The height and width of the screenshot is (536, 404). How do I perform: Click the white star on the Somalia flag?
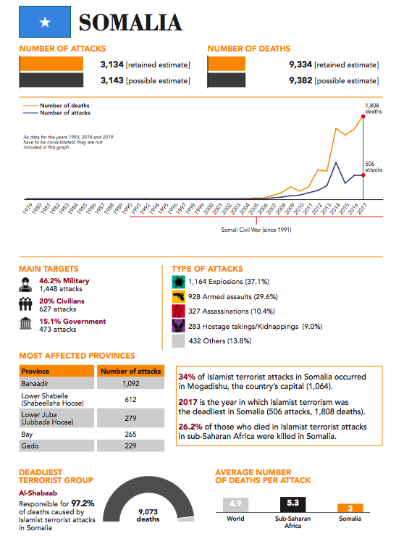click(45, 22)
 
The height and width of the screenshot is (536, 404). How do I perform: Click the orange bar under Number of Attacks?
click(51, 64)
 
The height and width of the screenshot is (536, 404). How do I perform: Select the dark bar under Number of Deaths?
click(227, 80)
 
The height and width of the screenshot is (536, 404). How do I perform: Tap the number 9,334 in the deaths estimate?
click(300, 64)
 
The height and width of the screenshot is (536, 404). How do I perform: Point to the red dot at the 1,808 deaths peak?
click(363, 117)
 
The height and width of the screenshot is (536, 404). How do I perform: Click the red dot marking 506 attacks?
click(363, 175)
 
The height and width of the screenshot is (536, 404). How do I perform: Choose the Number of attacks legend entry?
click(56, 113)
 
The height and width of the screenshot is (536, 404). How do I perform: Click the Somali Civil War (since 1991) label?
click(256, 230)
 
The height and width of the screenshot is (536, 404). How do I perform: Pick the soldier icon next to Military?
click(25, 285)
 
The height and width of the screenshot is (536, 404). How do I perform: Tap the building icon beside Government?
click(25, 323)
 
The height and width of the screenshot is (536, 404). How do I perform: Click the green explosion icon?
click(178, 282)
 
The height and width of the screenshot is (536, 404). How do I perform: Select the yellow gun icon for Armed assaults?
click(178, 296)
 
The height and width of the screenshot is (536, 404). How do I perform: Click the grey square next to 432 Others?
click(178, 341)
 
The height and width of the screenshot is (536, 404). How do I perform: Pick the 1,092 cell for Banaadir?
click(131, 384)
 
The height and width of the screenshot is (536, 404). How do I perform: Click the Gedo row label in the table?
click(30, 445)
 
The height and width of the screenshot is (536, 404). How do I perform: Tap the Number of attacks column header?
click(131, 372)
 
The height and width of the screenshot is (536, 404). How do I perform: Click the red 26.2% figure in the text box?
click(190, 427)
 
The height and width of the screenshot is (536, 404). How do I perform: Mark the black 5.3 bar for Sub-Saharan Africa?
click(293, 505)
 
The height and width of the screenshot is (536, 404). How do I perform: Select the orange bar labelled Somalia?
click(350, 508)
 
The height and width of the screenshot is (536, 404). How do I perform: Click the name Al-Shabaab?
click(38, 493)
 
